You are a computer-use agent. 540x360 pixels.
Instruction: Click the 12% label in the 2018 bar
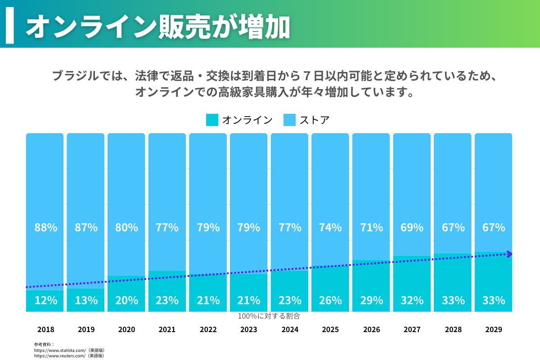point(46,300)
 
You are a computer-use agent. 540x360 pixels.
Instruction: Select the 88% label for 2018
point(46,227)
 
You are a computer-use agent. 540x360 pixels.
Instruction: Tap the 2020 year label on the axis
point(126,329)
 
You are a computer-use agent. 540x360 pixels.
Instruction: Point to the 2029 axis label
point(494,329)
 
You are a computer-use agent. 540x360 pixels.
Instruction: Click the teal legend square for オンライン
point(212,120)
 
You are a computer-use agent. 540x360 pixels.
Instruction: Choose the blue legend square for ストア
point(289,120)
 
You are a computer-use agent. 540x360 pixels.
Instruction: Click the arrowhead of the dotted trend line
point(509,254)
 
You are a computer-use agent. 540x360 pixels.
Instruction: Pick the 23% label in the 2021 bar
point(167,300)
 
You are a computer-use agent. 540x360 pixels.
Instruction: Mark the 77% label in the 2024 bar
point(290,227)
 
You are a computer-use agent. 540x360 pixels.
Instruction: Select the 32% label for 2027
point(412,300)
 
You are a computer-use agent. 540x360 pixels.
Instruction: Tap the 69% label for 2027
point(412,227)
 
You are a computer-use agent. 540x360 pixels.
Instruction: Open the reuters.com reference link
point(60,355)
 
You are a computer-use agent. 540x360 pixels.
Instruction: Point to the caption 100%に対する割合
point(269,316)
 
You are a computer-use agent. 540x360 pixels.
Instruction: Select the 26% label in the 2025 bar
point(330,300)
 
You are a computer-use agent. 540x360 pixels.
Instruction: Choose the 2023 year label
point(249,329)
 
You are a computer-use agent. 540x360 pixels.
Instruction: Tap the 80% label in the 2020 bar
point(126,227)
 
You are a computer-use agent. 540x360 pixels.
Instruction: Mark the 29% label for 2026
point(371,300)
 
